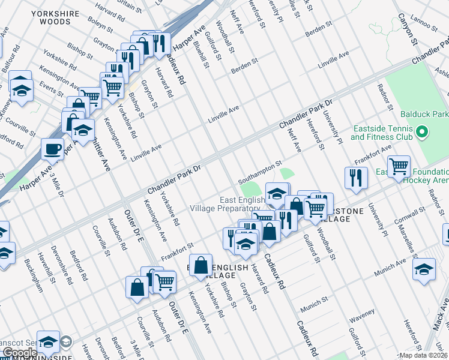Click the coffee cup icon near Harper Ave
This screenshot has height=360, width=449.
tap(53, 148)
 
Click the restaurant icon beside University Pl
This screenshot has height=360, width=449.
tap(356, 178)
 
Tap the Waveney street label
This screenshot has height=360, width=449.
tap(361, 312)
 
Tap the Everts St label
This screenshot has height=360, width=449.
tap(52, 91)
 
